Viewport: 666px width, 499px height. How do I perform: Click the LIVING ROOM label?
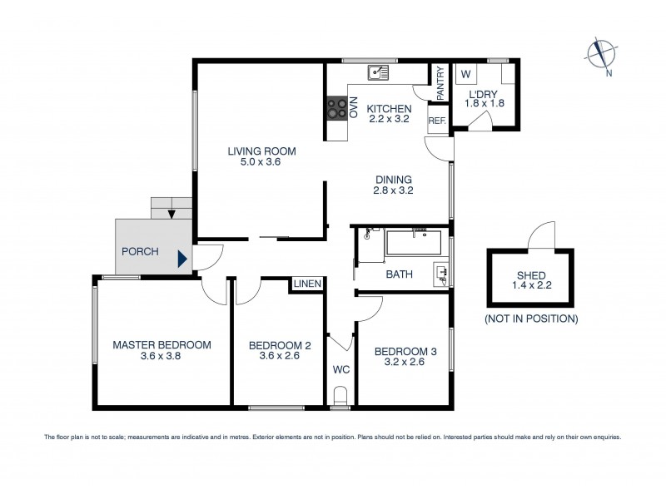pyautogui.click(x=262, y=151)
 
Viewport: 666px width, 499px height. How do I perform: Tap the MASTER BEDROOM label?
pyautogui.click(x=162, y=344)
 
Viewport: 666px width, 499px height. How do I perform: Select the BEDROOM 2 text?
pyautogui.click(x=278, y=344)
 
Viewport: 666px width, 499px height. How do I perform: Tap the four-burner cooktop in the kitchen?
pyautogui.click(x=337, y=108)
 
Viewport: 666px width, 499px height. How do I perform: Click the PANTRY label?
pyautogui.click(x=440, y=82)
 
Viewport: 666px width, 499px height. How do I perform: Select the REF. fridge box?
pyautogui.click(x=437, y=121)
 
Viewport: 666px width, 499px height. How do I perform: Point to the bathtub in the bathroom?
pyautogui.click(x=414, y=244)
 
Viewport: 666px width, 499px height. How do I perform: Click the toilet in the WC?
pyautogui.click(x=340, y=395)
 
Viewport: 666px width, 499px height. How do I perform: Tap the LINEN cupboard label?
pyautogui.click(x=306, y=284)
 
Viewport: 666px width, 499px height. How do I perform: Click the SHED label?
pyautogui.click(x=530, y=276)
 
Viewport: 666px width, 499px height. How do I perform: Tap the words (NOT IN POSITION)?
pyautogui.click(x=530, y=319)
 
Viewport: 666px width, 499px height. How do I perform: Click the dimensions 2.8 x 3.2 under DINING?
pyautogui.click(x=394, y=190)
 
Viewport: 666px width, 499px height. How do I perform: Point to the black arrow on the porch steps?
pyautogui.click(x=171, y=215)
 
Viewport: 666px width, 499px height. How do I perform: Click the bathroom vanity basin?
pyautogui.click(x=441, y=272)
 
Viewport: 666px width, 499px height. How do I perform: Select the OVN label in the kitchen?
pyautogui.click(x=353, y=108)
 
